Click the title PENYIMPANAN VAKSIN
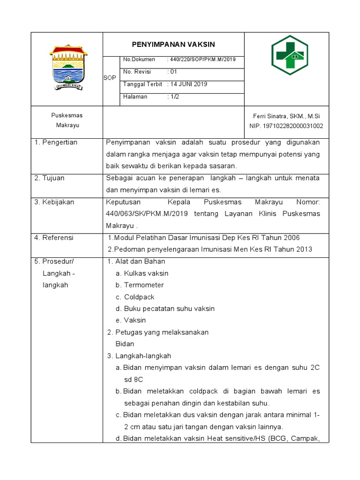click(x=173, y=45)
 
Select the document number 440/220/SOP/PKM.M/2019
click(x=202, y=60)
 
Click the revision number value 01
click(x=172, y=72)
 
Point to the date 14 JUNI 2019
click(x=188, y=84)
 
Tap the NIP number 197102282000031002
click(x=286, y=126)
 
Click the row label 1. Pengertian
click(x=56, y=142)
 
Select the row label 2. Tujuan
click(x=49, y=178)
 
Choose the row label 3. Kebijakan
click(x=54, y=202)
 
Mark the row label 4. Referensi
click(x=54, y=238)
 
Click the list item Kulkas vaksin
click(x=146, y=273)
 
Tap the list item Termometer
click(x=143, y=285)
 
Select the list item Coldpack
click(x=139, y=297)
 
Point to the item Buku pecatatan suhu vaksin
click(x=169, y=308)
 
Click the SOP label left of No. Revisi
click(x=109, y=78)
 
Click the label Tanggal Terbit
click(x=142, y=84)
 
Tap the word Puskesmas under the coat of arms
click(x=67, y=115)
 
